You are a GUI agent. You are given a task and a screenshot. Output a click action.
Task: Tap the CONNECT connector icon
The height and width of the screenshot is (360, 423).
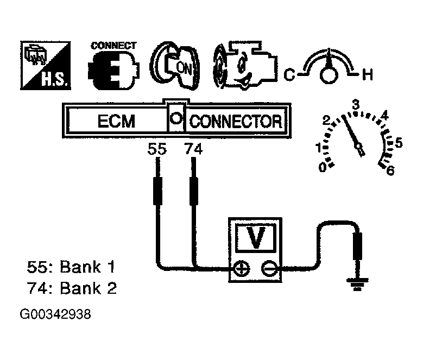pos(112,65)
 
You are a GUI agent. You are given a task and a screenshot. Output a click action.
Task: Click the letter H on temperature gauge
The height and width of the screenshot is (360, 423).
pos(368,75)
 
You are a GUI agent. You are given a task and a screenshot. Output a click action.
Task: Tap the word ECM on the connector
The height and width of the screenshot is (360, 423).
pos(115,121)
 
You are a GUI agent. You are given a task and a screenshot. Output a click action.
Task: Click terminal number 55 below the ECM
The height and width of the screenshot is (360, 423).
pos(157,149)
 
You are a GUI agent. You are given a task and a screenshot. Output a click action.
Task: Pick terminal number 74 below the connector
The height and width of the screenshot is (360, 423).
pos(193,149)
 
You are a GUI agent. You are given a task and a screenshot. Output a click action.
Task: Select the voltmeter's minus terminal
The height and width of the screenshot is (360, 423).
pos(268,268)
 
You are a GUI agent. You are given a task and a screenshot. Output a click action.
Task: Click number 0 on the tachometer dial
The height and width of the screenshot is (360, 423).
pos(323,167)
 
